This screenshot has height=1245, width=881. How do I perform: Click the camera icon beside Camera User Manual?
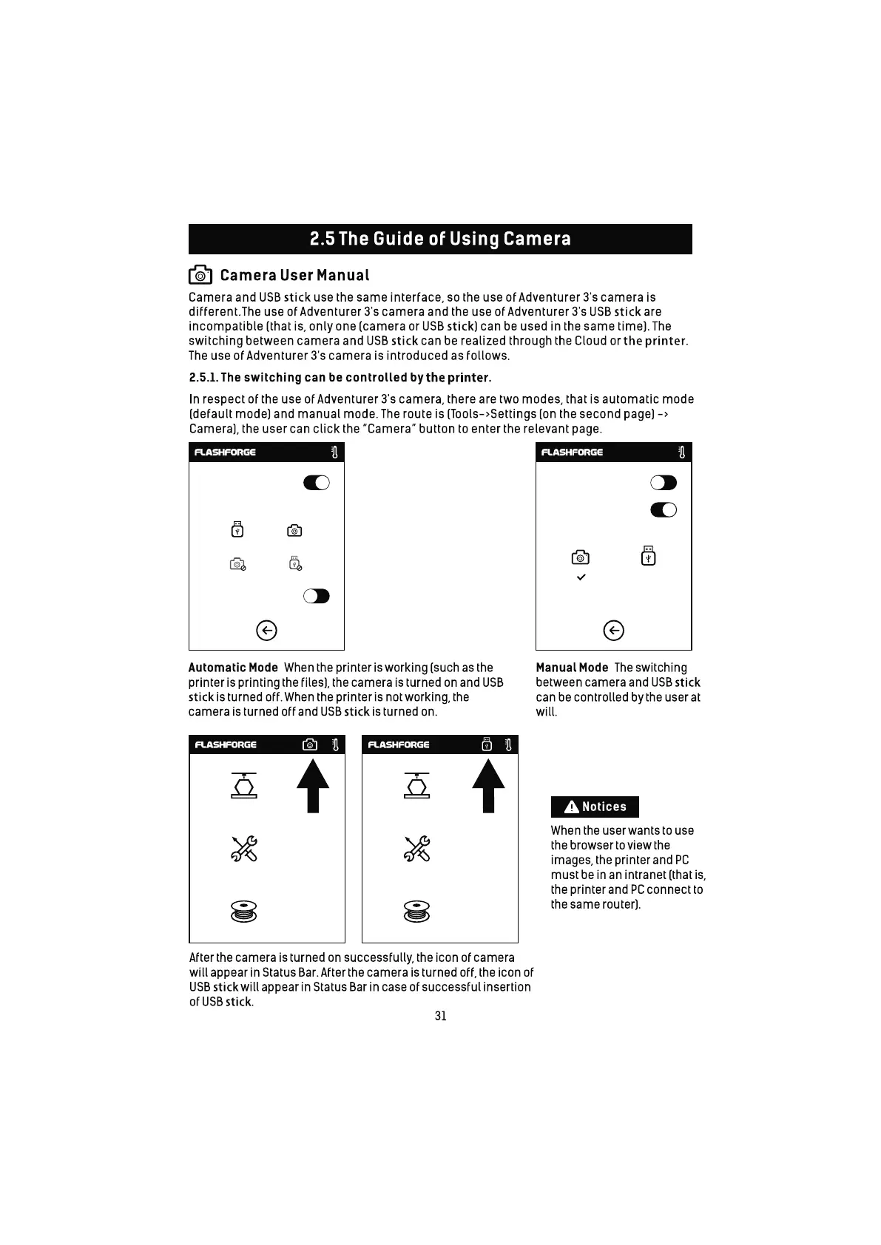pos(200,275)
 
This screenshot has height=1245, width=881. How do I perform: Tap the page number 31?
pos(440,1016)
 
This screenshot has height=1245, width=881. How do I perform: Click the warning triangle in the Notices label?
pos(571,807)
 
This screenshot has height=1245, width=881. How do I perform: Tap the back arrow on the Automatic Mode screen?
pos(266,630)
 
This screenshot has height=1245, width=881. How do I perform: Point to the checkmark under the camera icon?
pos(581,577)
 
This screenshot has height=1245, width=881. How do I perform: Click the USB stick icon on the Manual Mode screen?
pos(648,555)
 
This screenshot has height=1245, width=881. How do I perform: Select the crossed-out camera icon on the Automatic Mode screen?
pos(237,564)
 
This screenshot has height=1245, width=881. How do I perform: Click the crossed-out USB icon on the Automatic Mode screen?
pos(295,563)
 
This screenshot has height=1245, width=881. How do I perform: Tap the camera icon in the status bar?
pos(310,744)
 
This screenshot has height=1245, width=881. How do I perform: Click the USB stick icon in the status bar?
pos(486,744)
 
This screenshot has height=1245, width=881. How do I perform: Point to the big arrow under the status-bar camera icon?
pos(313,787)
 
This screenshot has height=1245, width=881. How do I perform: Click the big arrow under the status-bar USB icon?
pos(488,787)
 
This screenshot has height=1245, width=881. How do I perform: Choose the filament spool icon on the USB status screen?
pos(417,911)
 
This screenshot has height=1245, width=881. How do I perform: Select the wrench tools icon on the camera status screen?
pos(244,849)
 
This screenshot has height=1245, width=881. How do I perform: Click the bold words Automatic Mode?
pos(233,668)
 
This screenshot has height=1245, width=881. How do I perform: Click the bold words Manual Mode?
pos(572,668)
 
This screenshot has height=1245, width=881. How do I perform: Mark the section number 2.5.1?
pos(203,378)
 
